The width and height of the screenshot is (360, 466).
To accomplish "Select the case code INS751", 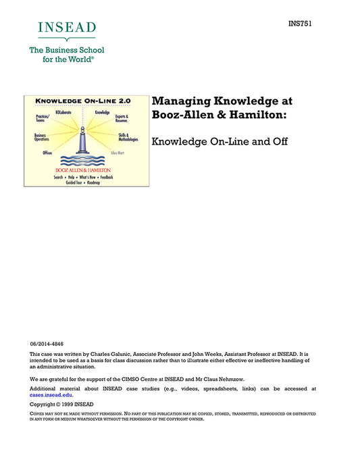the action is tap(299, 24).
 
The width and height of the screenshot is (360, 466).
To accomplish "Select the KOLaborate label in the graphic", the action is tap(65, 111).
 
